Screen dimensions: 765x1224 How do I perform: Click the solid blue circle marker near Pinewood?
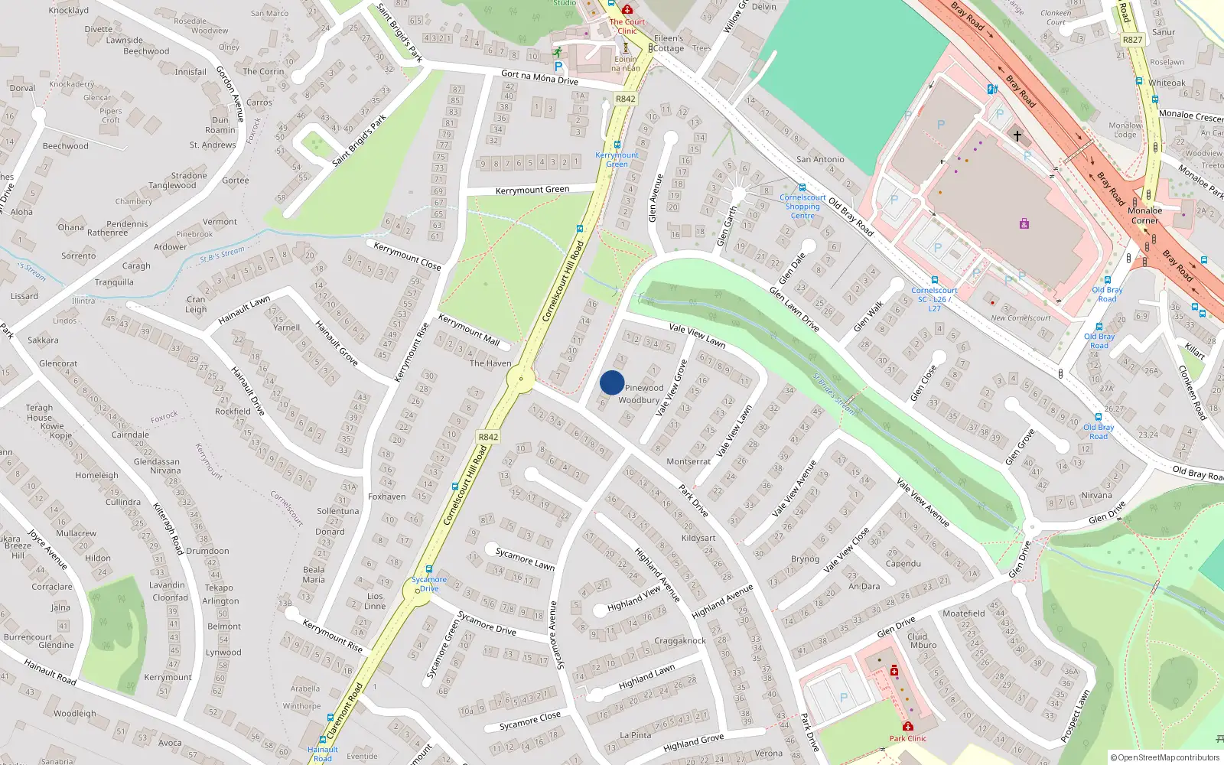pos(612,382)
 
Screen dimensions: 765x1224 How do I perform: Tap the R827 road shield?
pos(1132,40)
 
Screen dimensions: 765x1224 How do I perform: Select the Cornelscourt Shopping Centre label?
pos(802,207)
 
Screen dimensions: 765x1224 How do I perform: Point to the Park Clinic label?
pos(907,738)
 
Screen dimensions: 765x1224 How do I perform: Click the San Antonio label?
pos(820,159)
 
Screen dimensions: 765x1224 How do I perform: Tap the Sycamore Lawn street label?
pos(525,558)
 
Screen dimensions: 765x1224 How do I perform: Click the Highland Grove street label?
pos(693,742)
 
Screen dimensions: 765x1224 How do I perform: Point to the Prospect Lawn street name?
pos(1075,716)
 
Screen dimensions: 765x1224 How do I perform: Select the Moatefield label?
pos(963,613)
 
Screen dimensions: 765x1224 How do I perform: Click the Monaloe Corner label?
pos(1144,215)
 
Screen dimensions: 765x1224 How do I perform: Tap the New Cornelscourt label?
pos(1021,318)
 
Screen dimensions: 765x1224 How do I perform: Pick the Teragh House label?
pos(40,412)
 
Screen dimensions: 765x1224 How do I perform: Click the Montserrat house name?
pos(688,461)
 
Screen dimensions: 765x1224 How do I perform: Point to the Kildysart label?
pos(698,538)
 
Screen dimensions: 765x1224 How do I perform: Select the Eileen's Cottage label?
pos(669,43)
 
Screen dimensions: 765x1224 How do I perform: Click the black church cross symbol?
pos(1017,135)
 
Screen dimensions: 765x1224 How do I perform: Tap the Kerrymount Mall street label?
pos(468,330)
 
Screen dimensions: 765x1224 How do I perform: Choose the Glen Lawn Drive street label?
pos(794,309)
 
